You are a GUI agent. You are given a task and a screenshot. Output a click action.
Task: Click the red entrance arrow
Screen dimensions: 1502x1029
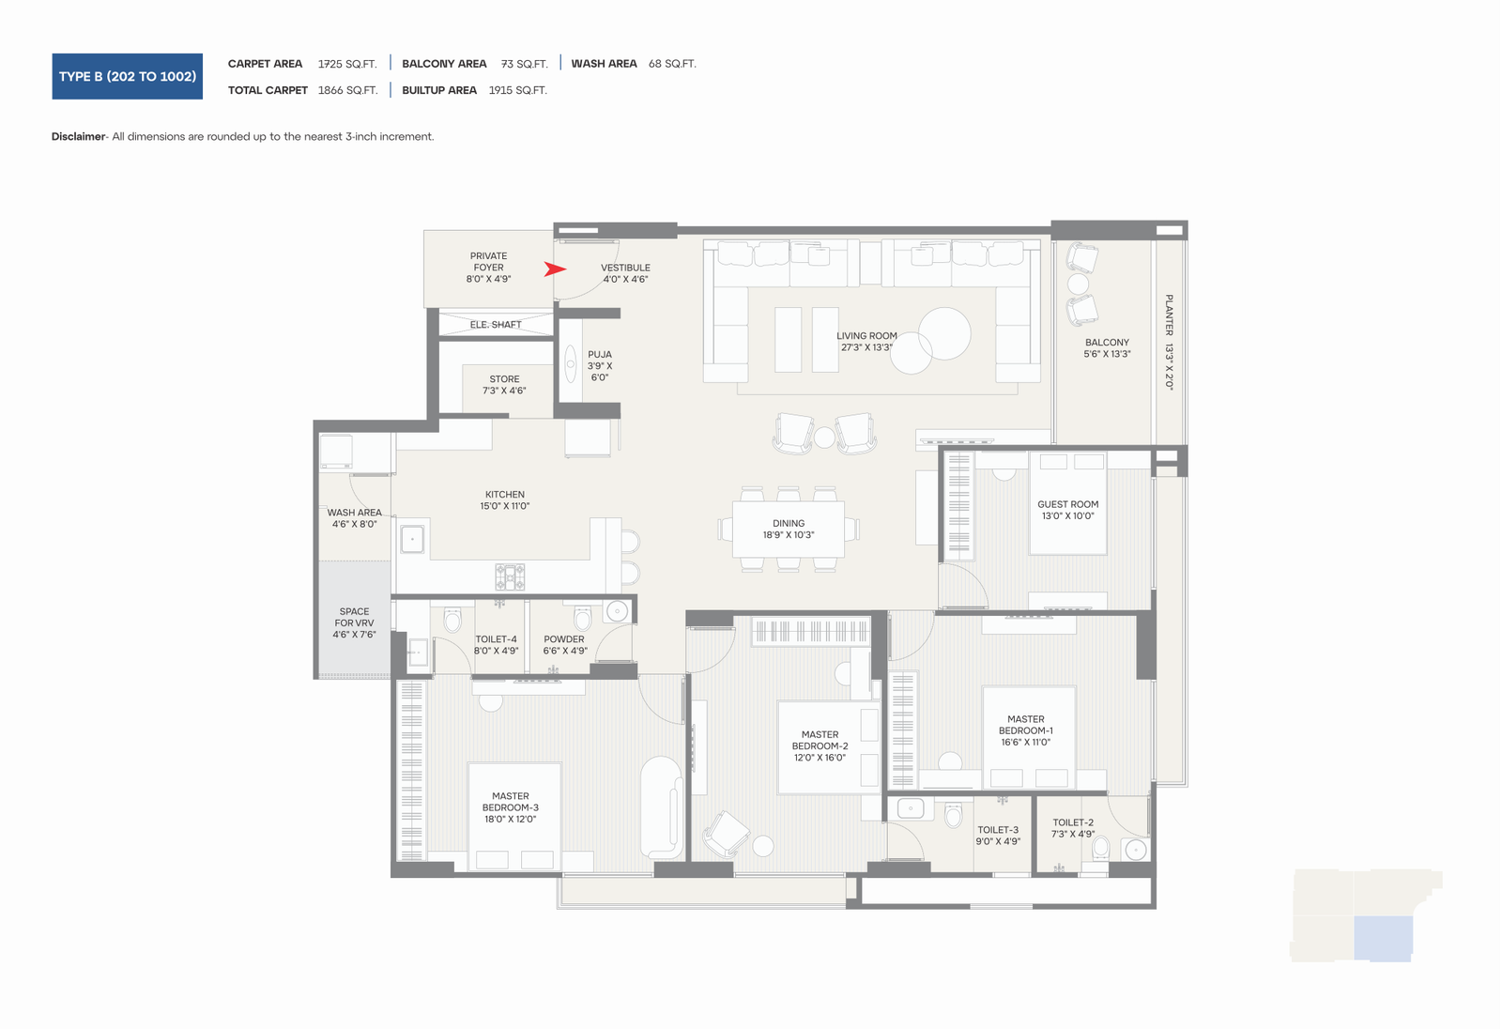pos(555,269)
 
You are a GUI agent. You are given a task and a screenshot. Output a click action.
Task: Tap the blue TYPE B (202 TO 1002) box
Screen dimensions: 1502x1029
pos(128,76)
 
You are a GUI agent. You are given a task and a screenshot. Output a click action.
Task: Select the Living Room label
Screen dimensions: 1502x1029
pos(866,342)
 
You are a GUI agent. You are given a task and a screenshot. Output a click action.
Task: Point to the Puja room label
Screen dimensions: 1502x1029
pos(600,365)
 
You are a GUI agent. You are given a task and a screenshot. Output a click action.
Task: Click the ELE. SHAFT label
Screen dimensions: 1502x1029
pos(496,325)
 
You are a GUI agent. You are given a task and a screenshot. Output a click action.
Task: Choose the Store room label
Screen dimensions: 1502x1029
pos(504,384)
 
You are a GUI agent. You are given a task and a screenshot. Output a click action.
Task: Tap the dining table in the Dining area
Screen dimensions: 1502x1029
pos(788,530)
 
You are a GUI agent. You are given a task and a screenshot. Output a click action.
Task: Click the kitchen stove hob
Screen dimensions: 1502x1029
pos(510,576)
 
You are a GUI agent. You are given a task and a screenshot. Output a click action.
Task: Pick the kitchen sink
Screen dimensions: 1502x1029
pos(412,539)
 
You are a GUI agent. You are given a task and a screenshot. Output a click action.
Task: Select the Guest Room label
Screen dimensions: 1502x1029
pos(1067,510)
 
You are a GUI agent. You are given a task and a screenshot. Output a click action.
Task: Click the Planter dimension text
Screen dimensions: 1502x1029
pos(1169,342)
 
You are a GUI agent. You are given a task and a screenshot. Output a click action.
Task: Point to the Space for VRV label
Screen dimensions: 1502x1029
pos(354,622)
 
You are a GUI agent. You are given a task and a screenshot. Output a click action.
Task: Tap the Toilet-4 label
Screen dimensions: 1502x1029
pos(497,645)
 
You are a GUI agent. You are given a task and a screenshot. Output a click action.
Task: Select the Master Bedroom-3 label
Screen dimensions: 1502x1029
pos(511,807)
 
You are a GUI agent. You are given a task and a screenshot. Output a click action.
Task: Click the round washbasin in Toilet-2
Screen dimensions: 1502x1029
pos(1135,850)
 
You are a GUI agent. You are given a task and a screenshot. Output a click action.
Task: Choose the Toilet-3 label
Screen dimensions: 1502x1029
pos(998,836)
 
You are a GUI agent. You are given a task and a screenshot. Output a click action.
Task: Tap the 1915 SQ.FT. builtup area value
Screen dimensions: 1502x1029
pos(517,90)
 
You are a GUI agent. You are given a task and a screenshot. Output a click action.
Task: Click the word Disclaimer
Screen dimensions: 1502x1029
pos(79,137)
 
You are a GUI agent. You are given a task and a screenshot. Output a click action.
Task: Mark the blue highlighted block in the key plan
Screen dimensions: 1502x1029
pos(1383,939)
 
